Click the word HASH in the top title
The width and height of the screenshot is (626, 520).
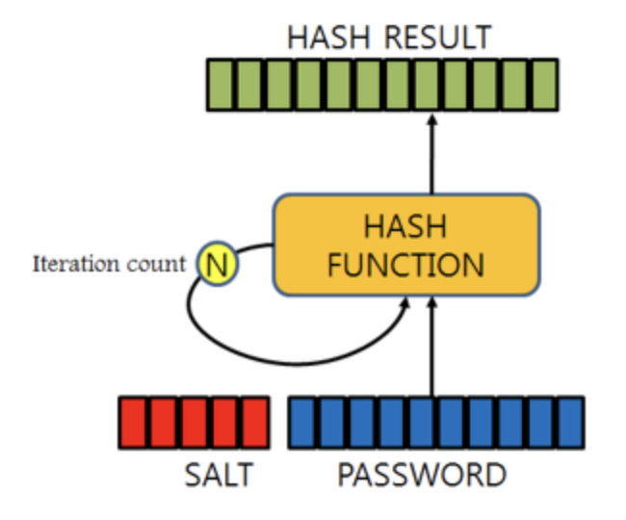pos(328,38)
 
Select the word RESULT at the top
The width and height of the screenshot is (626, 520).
pos(437,38)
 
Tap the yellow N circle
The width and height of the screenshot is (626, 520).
pos(218,264)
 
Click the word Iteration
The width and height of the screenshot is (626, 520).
pos(76,264)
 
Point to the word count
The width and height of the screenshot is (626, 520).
pos(156,265)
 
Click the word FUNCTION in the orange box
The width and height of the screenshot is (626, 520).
pos(405,265)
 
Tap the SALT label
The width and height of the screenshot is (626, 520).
pos(219,474)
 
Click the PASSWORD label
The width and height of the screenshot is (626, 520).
pos(422,474)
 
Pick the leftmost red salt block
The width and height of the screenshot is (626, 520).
pos(133,423)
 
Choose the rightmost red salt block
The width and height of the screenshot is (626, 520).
pos(255,423)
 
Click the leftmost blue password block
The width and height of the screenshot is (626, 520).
pos(302,423)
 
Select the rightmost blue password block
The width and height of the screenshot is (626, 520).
pos(571,423)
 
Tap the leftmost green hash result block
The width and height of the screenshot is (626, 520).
pos(222,85)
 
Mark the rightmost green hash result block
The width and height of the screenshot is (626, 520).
pos(544,85)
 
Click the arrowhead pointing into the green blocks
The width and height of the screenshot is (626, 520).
pos(432,118)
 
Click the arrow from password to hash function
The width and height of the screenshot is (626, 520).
pos(432,348)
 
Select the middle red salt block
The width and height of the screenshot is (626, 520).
pos(195,423)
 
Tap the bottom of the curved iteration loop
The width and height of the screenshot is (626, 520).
pos(297,364)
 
